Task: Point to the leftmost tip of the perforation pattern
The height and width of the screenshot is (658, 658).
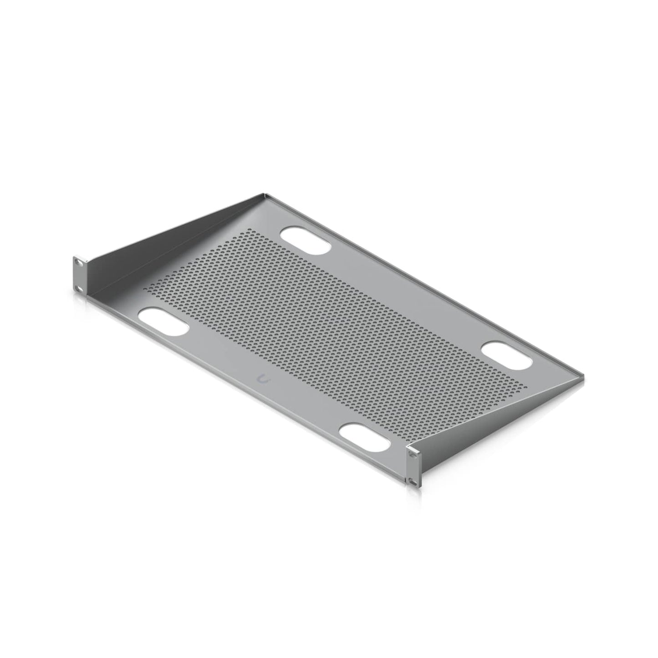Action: click(145, 289)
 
